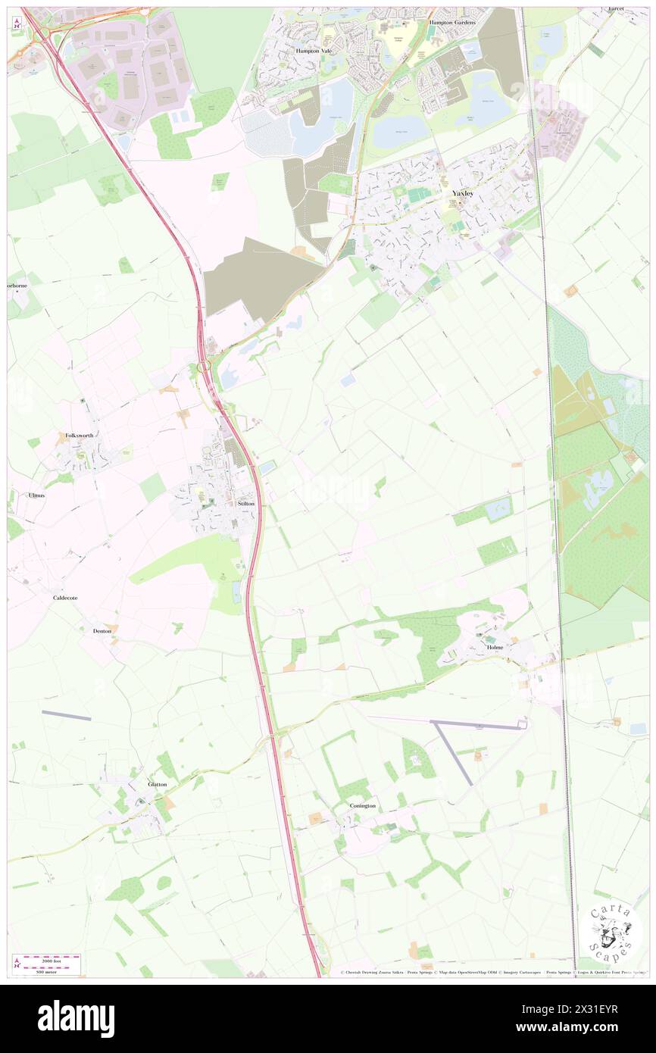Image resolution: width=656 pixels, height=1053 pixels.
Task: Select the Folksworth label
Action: (x=79, y=436)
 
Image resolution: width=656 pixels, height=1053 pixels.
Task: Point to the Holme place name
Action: (x=495, y=648)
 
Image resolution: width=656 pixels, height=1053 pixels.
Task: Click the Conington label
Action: (x=363, y=805)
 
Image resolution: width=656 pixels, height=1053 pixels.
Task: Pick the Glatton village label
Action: (x=158, y=784)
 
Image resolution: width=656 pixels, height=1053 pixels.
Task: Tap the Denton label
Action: (x=102, y=630)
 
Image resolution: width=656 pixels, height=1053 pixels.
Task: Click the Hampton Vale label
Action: (x=314, y=50)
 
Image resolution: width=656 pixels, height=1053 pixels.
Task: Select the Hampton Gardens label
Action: (x=451, y=23)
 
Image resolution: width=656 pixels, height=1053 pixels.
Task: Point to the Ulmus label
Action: (x=36, y=495)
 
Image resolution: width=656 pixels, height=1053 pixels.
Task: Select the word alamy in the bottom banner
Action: (x=77, y=1018)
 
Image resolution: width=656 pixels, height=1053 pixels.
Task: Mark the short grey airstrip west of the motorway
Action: (x=66, y=715)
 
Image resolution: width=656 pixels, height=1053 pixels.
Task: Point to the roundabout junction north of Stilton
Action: (x=204, y=367)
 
